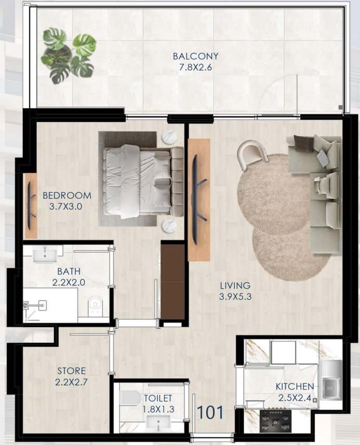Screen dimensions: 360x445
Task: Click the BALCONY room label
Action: tap(196, 56)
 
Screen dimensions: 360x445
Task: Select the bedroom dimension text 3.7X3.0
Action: tap(65, 206)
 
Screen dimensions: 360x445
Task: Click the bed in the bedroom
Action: tap(143, 182)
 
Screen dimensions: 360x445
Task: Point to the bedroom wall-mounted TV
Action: tap(31, 206)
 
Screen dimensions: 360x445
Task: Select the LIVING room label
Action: tap(235, 286)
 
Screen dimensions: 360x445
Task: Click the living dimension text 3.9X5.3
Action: tap(235, 296)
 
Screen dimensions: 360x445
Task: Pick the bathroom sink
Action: tap(45, 254)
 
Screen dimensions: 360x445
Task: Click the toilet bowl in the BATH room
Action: tap(95, 306)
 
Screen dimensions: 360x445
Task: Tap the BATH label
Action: tap(69, 272)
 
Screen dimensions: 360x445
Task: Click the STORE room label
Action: tap(71, 371)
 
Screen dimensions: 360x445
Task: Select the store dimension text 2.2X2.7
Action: tap(71, 382)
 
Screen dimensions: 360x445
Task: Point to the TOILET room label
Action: tap(158, 398)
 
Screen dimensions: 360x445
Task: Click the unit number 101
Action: tap(210, 412)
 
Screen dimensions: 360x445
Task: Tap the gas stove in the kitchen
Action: tap(275, 422)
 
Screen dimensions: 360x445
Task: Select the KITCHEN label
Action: tap(295, 386)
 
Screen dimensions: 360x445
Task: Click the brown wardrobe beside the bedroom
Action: tap(172, 281)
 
